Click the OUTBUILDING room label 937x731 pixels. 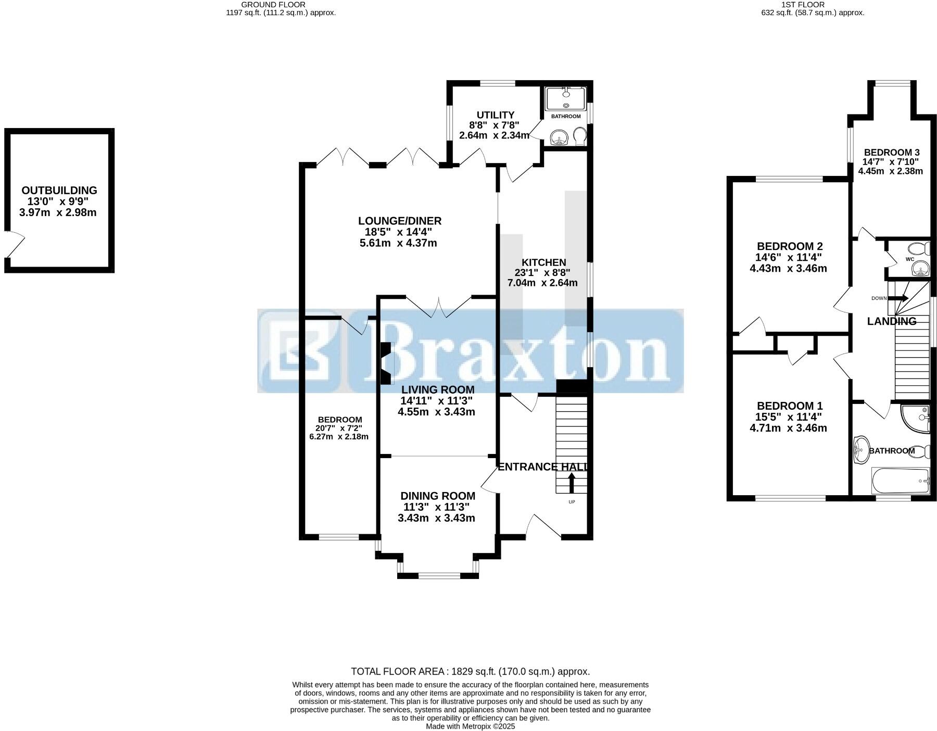59,191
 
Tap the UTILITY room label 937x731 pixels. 496,115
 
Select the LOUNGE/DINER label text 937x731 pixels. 399,221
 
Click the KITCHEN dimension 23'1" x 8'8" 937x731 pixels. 542,272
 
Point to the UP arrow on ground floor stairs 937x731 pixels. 572,482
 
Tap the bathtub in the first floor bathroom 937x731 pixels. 901,481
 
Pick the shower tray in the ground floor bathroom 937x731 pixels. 565,98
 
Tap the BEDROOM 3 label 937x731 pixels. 892,153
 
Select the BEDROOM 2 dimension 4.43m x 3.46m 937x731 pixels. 788,269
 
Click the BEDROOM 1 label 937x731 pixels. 789,406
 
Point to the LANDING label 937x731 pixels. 891,321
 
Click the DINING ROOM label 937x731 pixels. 437,496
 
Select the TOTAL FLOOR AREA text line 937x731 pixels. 470,671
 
